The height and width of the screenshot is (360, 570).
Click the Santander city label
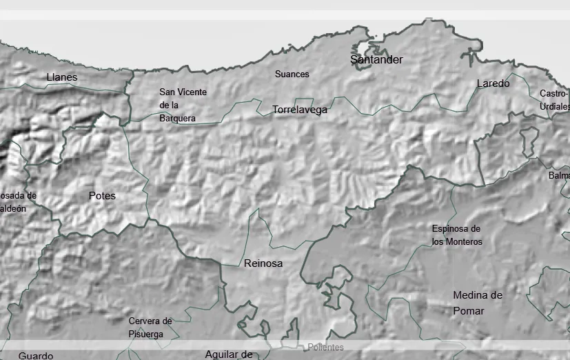coord(376,60)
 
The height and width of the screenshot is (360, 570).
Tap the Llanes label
coord(62,77)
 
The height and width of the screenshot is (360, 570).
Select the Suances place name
coord(292,74)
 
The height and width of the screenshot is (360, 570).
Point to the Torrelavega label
coord(300,110)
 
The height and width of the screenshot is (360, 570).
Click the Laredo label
coord(493,83)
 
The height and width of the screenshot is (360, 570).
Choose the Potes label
coord(102,196)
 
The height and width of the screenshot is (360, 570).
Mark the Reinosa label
coord(263,263)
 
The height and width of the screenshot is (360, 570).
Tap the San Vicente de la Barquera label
coord(182,105)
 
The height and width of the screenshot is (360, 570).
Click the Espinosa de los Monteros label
coord(456,235)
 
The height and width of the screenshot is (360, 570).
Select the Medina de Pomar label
coord(477,303)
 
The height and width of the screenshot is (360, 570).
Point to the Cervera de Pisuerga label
coord(150,327)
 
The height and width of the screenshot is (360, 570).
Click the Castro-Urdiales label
coord(555,100)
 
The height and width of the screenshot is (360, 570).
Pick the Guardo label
coord(36,356)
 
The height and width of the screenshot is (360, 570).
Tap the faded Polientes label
coord(325,348)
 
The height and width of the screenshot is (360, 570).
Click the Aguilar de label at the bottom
coord(229,354)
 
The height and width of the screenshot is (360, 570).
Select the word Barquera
coord(177,118)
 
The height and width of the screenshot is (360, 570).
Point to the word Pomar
coord(469,311)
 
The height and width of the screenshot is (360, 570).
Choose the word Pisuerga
coord(146,334)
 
